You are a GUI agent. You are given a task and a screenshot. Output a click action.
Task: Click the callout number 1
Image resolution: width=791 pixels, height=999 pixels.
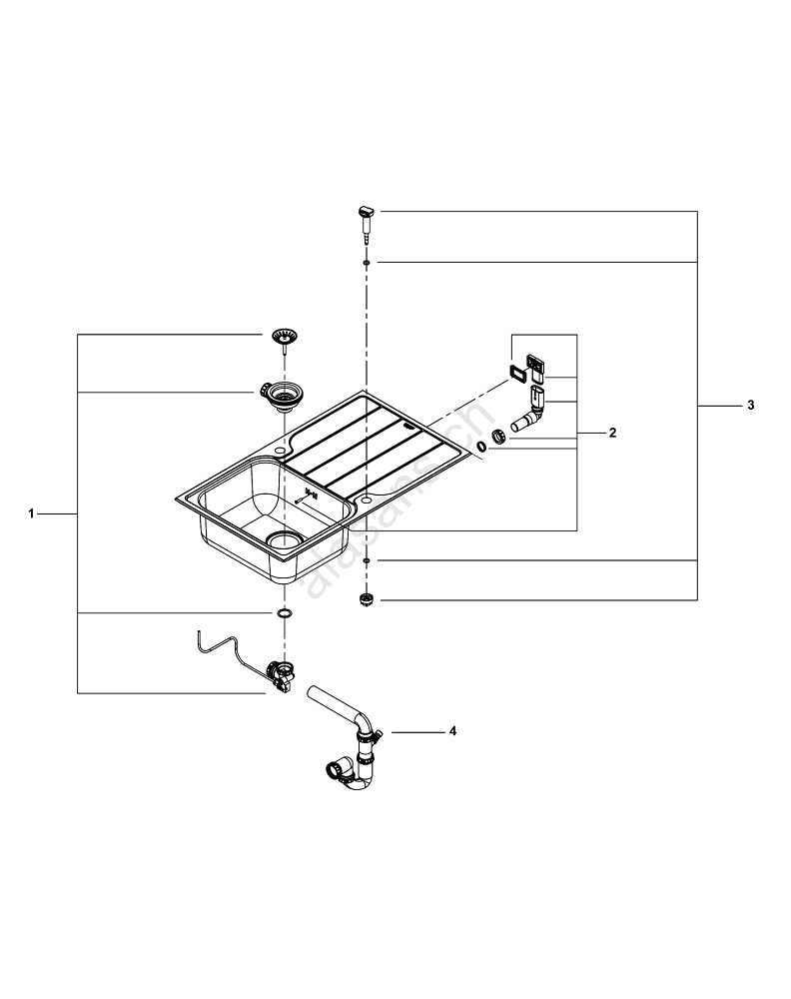click(32, 513)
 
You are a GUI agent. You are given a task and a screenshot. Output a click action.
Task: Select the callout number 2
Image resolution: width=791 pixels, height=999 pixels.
click(612, 433)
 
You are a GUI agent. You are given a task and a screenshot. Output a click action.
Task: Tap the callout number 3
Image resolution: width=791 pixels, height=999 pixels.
click(750, 406)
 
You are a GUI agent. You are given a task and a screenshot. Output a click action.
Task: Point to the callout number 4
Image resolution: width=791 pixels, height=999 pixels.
click(451, 731)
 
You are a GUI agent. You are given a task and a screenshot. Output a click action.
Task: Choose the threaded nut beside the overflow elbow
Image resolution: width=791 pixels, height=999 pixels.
click(498, 438)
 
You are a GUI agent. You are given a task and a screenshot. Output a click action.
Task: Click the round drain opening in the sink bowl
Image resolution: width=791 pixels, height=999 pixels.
click(286, 539)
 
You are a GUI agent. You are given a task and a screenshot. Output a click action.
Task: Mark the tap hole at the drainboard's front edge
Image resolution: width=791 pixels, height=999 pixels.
click(367, 497)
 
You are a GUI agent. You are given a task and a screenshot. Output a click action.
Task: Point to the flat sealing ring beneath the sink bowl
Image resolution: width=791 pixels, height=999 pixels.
click(285, 612)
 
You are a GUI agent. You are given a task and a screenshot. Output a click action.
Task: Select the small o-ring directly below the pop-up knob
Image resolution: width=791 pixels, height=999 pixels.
click(367, 262)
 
